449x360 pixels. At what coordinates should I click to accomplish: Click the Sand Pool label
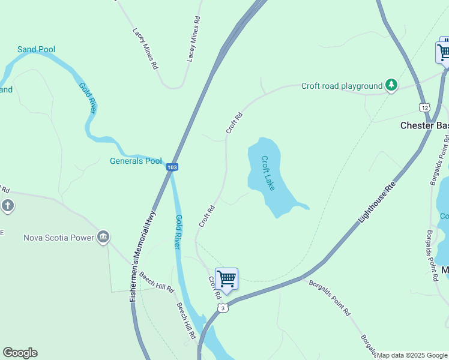coord(36,49)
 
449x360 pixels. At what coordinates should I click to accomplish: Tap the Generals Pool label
coord(136,161)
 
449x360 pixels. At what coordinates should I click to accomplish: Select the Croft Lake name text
coord(268,173)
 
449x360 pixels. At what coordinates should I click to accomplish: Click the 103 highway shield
coord(172,167)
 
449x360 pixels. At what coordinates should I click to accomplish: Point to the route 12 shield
coord(424,107)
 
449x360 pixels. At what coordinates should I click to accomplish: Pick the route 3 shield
coord(223,308)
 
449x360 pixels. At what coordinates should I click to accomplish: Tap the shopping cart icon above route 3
coord(226,278)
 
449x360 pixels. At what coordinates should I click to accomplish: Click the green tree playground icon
coord(391,85)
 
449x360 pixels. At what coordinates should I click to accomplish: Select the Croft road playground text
coord(342,86)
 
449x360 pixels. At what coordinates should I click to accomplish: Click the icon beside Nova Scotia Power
coord(104,237)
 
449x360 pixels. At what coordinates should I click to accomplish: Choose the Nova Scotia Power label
coord(59,238)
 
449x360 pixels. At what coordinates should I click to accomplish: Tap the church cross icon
coord(7,206)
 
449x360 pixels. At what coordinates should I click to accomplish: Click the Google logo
coord(20,353)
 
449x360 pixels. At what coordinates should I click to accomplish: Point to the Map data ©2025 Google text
coord(412,355)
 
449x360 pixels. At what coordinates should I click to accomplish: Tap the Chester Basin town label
coord(424,125)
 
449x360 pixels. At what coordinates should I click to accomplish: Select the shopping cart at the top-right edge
coord(444,52)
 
